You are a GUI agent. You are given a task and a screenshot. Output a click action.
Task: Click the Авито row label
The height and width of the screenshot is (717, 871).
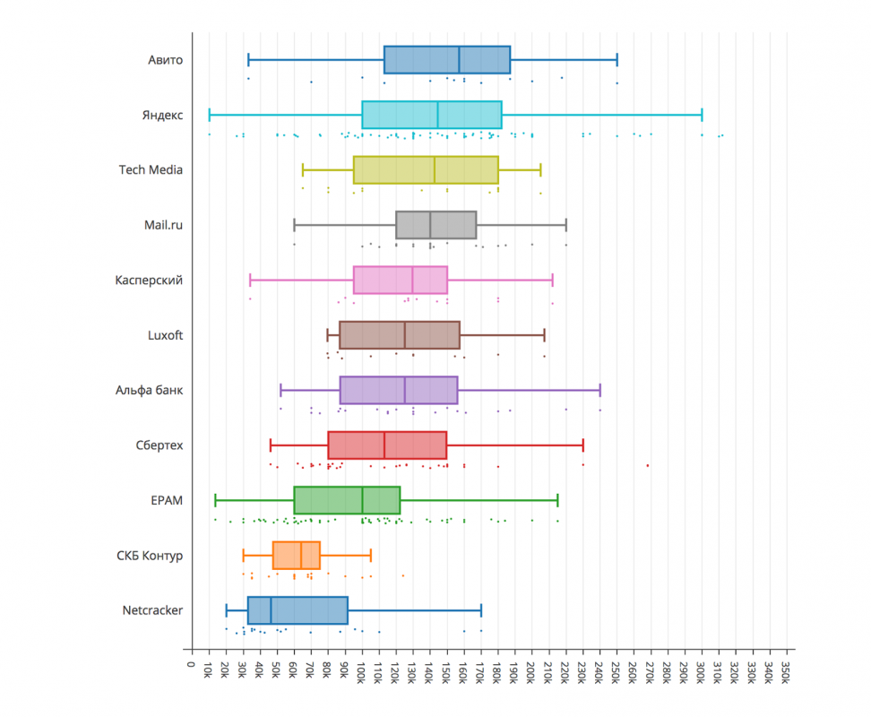[166, 60]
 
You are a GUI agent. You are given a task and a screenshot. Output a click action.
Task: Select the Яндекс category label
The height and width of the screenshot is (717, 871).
[162, 116]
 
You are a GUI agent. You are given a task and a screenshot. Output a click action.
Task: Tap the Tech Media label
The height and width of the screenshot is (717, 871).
[151, 170]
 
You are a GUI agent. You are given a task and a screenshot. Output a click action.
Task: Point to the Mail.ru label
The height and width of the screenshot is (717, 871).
[163, 225]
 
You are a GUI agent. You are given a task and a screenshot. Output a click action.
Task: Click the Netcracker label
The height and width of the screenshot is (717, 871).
[152, 611]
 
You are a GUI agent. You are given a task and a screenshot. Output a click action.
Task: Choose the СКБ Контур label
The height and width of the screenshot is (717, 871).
[151, 556]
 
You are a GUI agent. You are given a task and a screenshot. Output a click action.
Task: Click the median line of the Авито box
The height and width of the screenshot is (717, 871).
[459, 60]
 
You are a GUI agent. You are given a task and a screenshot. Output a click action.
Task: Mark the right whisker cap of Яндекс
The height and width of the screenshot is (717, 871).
[702, 115]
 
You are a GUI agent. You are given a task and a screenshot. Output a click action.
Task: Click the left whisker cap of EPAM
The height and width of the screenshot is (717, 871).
[215, 500]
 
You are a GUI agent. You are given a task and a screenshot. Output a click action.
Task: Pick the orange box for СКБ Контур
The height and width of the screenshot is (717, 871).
[296, 556]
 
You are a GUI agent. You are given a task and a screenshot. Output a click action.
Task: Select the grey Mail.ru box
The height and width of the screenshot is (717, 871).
[435, 225]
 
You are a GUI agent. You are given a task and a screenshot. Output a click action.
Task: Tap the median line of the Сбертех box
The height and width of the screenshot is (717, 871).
[384, 445]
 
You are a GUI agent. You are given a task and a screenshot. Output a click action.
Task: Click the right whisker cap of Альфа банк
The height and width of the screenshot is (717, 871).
[599, 390]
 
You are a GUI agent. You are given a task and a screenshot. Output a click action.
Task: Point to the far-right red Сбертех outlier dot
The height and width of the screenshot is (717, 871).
[648, 465]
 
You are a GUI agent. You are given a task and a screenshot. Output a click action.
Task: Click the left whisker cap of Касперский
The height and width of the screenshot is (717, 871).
[250, 280]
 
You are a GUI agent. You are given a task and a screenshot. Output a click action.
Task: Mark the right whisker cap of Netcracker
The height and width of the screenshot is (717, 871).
[481, 610]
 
